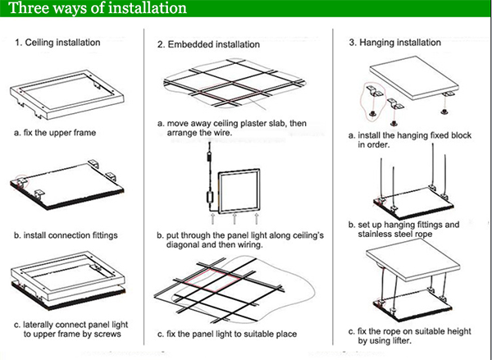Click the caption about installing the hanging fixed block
pyautogui.click(x=400, y=139)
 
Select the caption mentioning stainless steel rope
pyautogui.click(x=403, y=229)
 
